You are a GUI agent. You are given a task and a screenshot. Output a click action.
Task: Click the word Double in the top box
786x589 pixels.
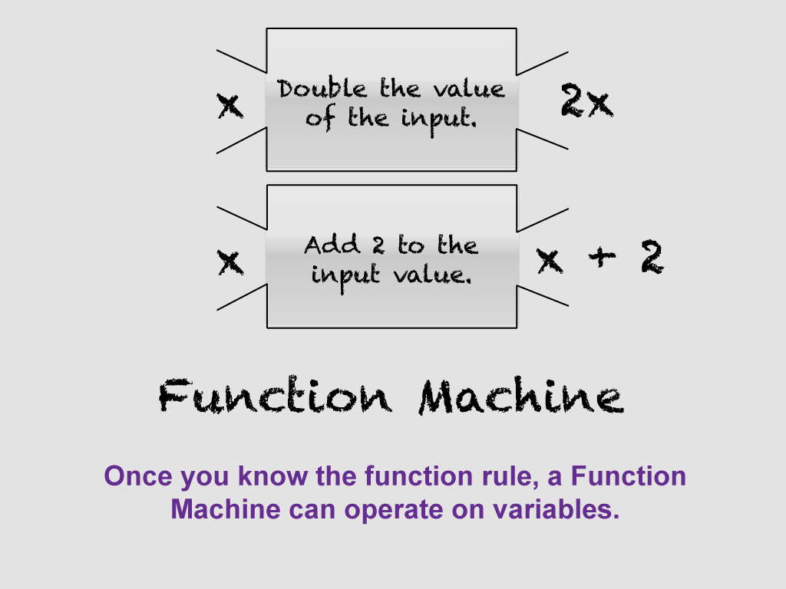(311, 89)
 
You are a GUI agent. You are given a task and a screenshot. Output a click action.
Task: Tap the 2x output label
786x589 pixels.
(586, 103)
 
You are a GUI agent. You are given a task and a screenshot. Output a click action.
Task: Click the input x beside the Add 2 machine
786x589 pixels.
(230, 262)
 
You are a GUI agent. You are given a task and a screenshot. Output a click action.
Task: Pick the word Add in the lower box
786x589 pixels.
(332, 245)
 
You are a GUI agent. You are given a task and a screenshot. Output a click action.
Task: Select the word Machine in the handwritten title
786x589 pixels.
(520, 397)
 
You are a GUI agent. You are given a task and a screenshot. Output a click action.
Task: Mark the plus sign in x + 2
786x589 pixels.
(600, 258)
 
